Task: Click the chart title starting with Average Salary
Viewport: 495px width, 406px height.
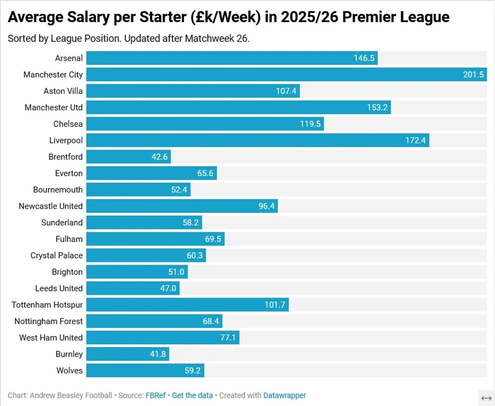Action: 228,17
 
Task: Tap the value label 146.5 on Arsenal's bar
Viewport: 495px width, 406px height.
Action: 364,58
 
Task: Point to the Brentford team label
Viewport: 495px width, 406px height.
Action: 65,157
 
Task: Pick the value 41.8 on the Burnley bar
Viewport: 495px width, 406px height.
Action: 158,354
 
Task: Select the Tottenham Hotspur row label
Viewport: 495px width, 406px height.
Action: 47,305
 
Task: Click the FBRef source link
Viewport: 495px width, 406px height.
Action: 156,396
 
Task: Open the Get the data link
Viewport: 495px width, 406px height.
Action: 192,396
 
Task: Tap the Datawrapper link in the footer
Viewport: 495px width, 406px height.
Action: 284,396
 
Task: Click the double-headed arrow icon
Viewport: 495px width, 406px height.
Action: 487,398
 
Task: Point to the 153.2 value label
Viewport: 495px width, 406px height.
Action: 377,108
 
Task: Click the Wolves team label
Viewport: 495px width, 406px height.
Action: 70,370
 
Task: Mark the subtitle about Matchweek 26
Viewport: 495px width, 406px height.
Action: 128,39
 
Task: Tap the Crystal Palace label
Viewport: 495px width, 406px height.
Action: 57,256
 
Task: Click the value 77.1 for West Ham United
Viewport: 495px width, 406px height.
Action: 227,338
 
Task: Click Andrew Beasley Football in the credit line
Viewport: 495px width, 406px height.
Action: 71,396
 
